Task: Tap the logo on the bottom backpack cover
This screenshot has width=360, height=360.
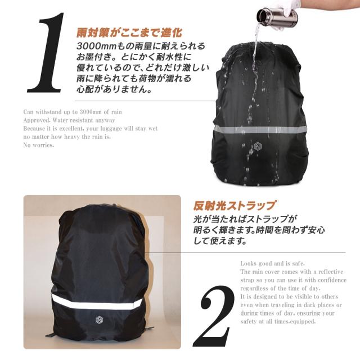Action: (x=98, y=319)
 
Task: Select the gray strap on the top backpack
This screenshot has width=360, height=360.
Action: (x=262, y=129)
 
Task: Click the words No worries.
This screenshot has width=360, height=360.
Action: (x=39, y=145)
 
